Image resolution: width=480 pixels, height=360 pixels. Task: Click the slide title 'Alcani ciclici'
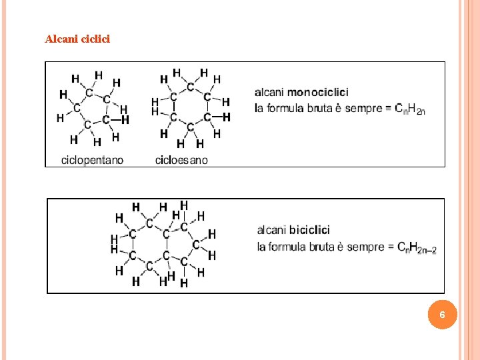point(77,39)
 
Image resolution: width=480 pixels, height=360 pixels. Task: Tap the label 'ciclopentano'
point(92,160)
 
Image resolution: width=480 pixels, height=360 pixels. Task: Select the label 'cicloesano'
point(181,160)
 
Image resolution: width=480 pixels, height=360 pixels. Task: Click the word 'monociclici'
point(317,92)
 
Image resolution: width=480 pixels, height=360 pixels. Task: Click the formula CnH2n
point(409,108)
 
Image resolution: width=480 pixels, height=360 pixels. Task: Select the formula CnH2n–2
point(417,247)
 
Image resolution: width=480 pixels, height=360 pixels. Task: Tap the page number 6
point(443,314)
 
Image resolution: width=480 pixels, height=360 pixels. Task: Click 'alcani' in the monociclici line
point(270,92)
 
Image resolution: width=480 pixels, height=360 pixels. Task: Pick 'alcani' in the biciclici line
point(272,230)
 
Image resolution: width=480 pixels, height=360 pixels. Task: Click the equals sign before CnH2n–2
point(391,247)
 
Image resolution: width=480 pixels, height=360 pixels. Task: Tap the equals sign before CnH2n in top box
point(388,108)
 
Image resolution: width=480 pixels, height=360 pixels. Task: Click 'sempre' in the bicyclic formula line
point(365,247)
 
